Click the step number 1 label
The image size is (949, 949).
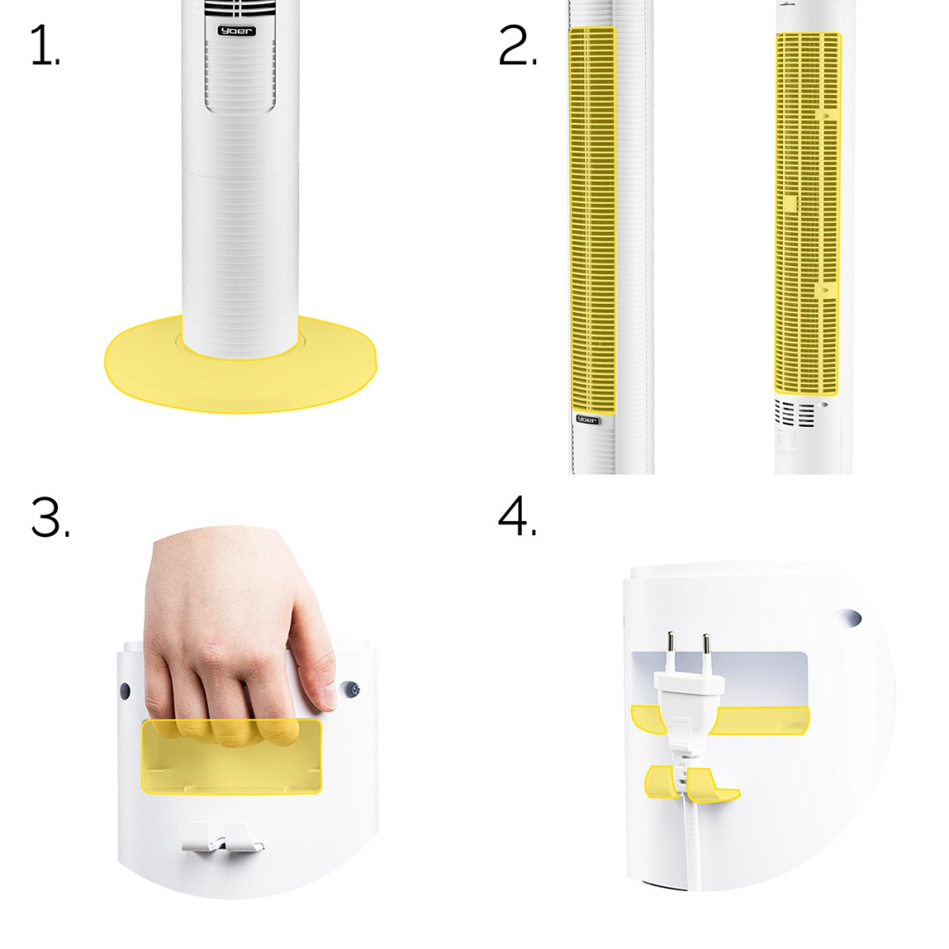[45, 45]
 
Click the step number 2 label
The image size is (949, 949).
[517, 45]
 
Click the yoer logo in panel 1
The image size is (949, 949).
[236, 31]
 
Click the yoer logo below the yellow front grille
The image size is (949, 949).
[586, 419]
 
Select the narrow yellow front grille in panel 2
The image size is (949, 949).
[592, 221]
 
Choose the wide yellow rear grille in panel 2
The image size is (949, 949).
[808, 214]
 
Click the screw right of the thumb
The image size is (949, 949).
[351, 690]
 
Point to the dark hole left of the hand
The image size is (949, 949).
[125, 691]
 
